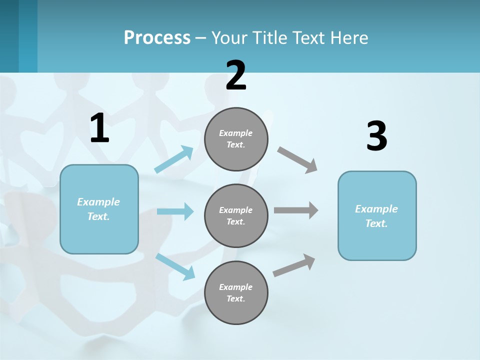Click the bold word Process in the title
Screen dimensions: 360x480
point(157,38)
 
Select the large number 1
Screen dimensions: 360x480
point(99,128)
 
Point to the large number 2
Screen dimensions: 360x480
point(236,75)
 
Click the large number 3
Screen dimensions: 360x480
point(376,136)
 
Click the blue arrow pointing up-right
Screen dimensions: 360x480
point(174,159)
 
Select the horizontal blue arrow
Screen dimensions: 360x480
point(175,211)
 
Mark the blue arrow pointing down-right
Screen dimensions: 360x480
point(175,266)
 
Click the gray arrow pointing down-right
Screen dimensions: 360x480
point(297,160)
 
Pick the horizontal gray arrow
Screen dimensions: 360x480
point(296,210)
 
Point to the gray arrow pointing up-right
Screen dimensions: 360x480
point(294,265)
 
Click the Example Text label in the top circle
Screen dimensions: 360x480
point(236,139)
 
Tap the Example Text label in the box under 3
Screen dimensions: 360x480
point(376,216)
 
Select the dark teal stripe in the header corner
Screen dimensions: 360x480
point(9,36)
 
